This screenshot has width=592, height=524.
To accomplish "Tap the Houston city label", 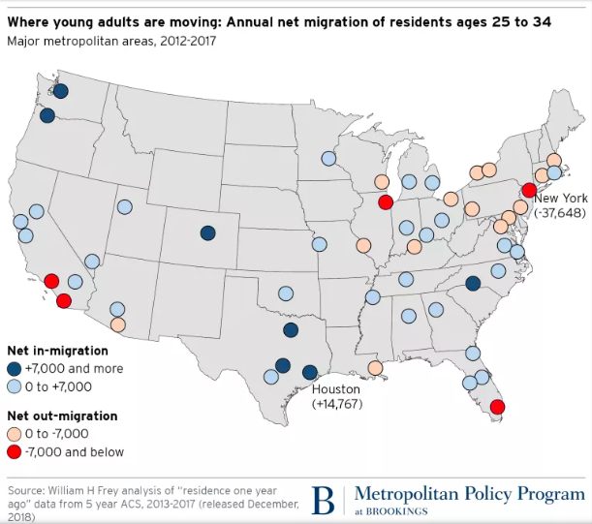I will pos(335,389).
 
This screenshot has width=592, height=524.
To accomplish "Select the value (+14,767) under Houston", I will pos(335,404).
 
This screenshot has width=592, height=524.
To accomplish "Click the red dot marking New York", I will pos(529,190).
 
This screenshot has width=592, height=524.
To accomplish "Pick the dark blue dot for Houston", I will pos(309,373).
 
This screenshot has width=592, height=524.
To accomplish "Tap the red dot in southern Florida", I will pos(497,408).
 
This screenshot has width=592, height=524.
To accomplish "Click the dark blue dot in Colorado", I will pos(207,232).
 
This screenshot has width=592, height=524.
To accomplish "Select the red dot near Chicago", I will pos(385,202).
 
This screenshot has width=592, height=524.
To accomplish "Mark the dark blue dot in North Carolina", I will pos(472,284).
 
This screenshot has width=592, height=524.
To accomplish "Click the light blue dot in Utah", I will pos(125,206).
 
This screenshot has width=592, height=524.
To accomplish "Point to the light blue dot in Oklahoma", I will pos(286,293).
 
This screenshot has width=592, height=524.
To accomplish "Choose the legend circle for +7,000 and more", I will pos(15,369).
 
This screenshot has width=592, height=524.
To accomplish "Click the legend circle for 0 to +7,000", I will pos(15,386).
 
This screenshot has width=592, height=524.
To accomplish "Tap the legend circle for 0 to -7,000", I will pos(15,433).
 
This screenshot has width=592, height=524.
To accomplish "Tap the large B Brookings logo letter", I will pos(323,500).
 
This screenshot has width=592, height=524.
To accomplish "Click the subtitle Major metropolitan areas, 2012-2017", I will pos(111,41).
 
